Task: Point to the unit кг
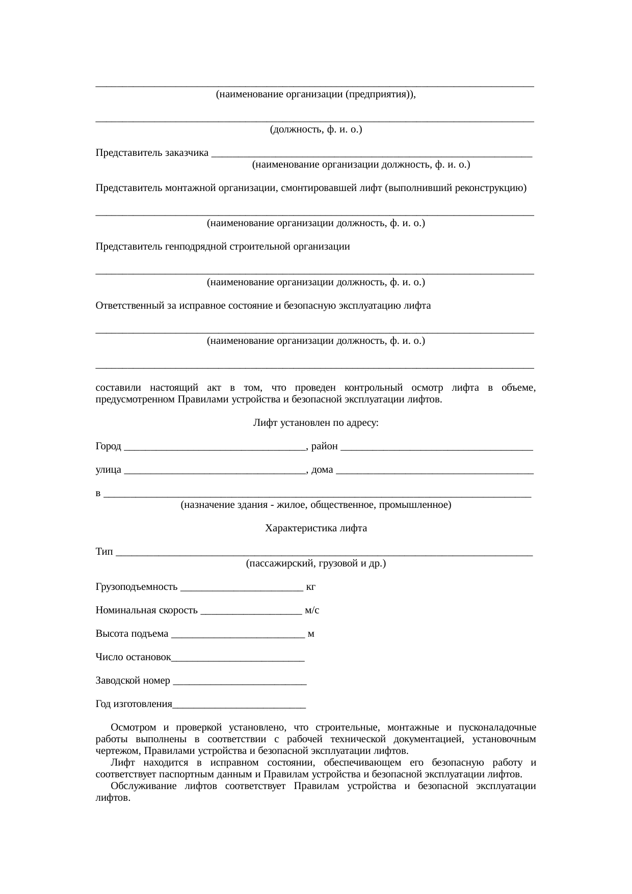pos(310,587)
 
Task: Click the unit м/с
pos(312,610)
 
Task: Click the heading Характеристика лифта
pos(316,528)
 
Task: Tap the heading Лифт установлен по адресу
pos(316,423)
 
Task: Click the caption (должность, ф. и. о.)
pos(316,129)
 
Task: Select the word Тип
pos(104,552)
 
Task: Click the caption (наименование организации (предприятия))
pos(316,94)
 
